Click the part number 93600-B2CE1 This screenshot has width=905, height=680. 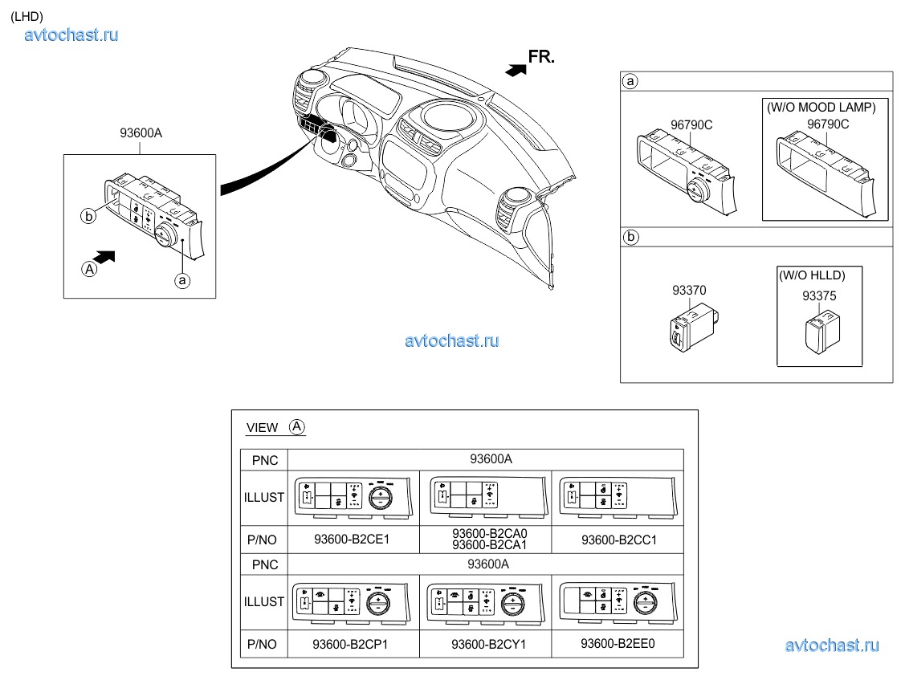(x=352, y=540)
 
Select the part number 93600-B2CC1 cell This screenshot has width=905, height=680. (x=618, y=540)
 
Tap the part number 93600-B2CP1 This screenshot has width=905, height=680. (x=352, y=644)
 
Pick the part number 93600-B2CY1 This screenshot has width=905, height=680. (x=486, y=644)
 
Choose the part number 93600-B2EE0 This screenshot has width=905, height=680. (x=618, y=643)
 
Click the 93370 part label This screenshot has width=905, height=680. (x=690, y=291)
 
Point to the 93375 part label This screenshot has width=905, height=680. (x=819, y=295)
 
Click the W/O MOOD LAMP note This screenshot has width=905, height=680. (x=821, y=107)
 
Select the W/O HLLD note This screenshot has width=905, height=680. (x=811, y=275)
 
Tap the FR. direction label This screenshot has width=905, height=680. (x=541, y=56)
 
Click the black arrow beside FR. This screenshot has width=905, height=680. (x=515, y=70)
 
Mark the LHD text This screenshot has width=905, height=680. (x=26, y=16)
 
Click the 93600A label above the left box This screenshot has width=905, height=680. (x=141, y=134)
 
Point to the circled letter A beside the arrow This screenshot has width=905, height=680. (x=88, y=270)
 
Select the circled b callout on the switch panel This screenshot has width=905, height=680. (x=88, y=215)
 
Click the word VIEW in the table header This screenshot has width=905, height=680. (x=263, y=428)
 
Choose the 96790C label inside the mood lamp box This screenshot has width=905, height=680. (x=827, y=124)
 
